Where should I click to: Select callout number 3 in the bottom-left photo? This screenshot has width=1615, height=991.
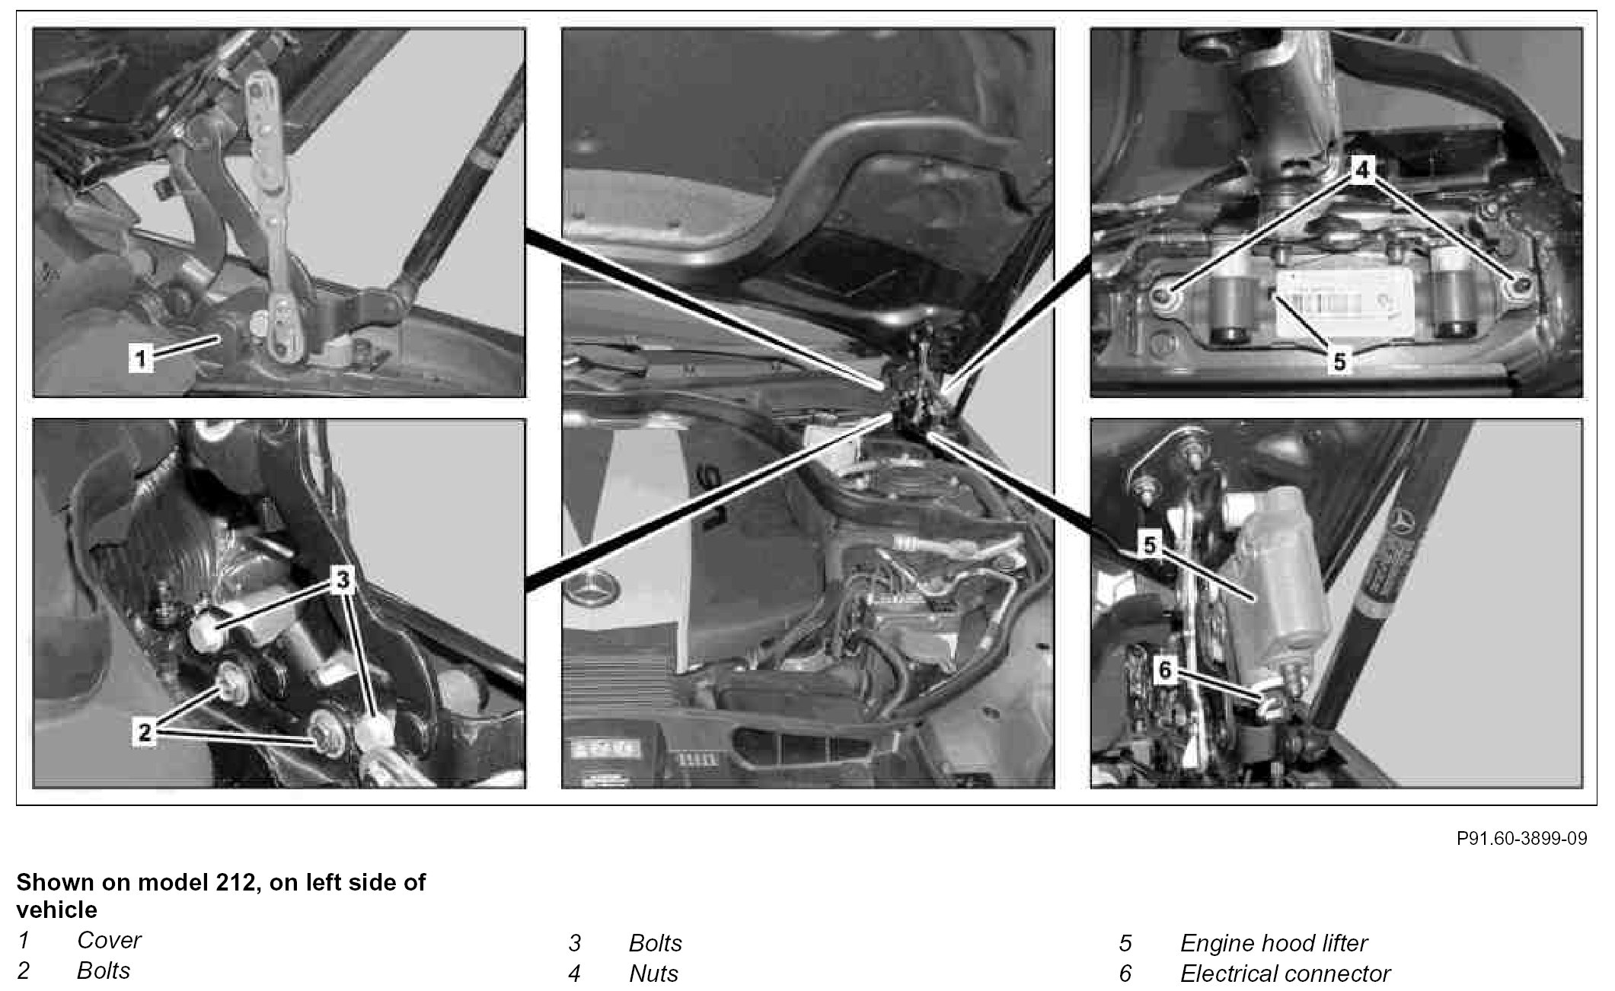click(x=343, y=580)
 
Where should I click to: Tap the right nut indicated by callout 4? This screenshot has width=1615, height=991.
click(x=1521, y=285)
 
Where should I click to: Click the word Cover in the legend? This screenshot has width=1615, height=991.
click(x=109, y=940)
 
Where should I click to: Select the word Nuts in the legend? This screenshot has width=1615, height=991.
click(x=654, y=973)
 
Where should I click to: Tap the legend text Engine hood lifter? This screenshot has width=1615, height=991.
click(x=1274, y=943)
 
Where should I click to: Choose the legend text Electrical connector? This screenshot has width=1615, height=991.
click(x=1285, y=973)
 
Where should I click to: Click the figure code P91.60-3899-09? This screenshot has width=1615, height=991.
click(x=1522, y=838)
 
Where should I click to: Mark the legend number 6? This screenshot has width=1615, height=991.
click(x=1125, y=973)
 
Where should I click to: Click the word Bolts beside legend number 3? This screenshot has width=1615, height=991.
click(x=656, y=943)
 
